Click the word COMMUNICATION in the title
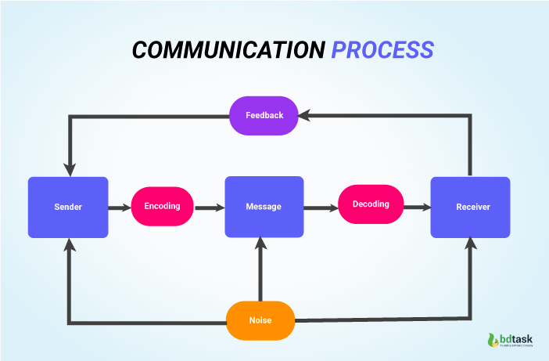tap(228, 49)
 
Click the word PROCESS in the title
tap(382, 49)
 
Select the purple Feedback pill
tap(264, 115)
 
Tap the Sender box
tap(68, 207)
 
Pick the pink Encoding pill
tap(162, 207)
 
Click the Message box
tap(264, 207)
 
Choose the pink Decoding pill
tap(370, 204)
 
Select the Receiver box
tap(470, 207)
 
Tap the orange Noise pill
tap(260, 321)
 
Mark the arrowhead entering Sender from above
tap(70, 170)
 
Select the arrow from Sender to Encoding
tap(120, 208)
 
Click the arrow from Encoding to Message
tap(209, 208)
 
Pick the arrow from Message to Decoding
tap(320, 208)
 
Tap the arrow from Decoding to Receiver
tap(416, 208)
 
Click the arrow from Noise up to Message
tap(261, 270)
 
